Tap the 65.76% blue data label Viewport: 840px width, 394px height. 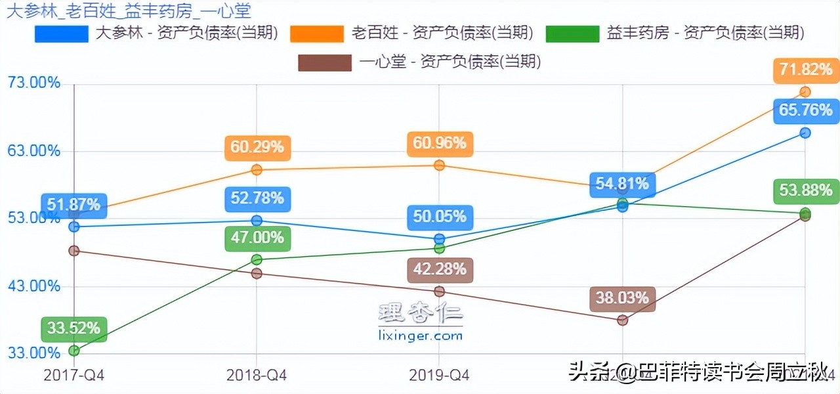[806, 110]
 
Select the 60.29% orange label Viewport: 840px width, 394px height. [257, 148]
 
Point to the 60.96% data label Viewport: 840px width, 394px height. [440, 143]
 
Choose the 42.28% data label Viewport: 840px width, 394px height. [440, 269]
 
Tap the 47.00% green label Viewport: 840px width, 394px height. [257, 238]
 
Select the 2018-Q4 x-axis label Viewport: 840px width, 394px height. [257, 376]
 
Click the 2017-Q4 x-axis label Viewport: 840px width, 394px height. [74, 376]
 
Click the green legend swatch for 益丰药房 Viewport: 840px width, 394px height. [573, 33]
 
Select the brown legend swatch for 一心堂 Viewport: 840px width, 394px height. [324, 63]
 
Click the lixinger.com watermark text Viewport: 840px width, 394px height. [421, 336]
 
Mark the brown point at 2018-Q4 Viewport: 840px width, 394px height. [257, 273]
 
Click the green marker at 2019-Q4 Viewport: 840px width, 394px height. [440, 248]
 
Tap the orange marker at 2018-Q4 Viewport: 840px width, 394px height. [257, 170]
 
